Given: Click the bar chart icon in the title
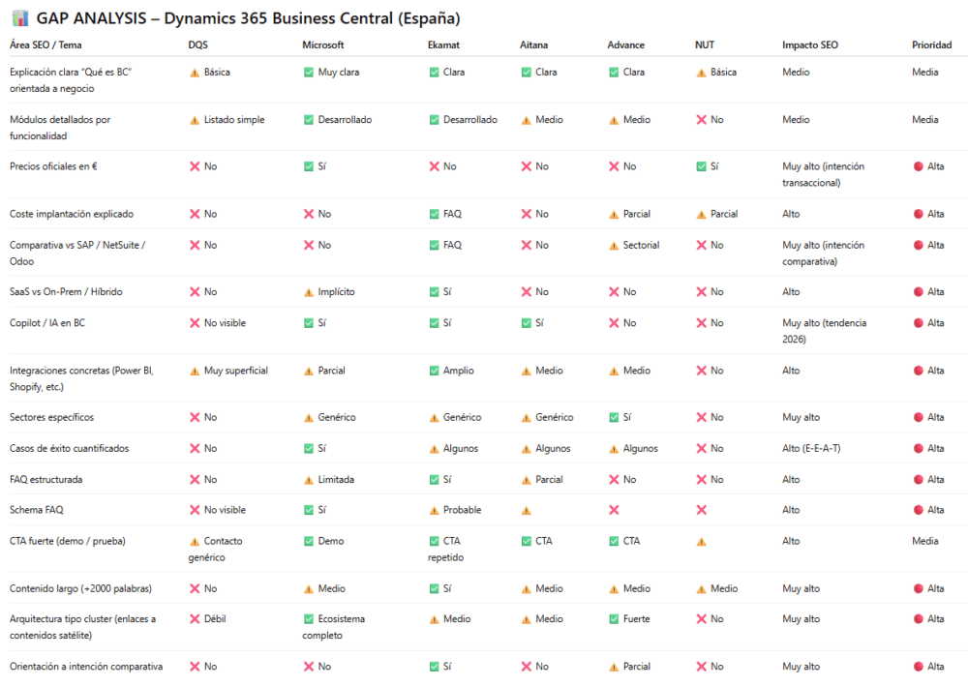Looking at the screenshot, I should [18, 19].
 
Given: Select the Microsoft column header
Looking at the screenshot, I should [322, 45].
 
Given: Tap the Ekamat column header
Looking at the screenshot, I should [443, 45].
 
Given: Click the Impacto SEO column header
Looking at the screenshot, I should [810, 45].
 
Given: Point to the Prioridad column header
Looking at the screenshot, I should [931, 45].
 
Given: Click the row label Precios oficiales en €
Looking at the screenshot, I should [53, 166].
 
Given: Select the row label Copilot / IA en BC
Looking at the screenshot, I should [46, 323].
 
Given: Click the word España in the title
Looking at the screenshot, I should [423, 19].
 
